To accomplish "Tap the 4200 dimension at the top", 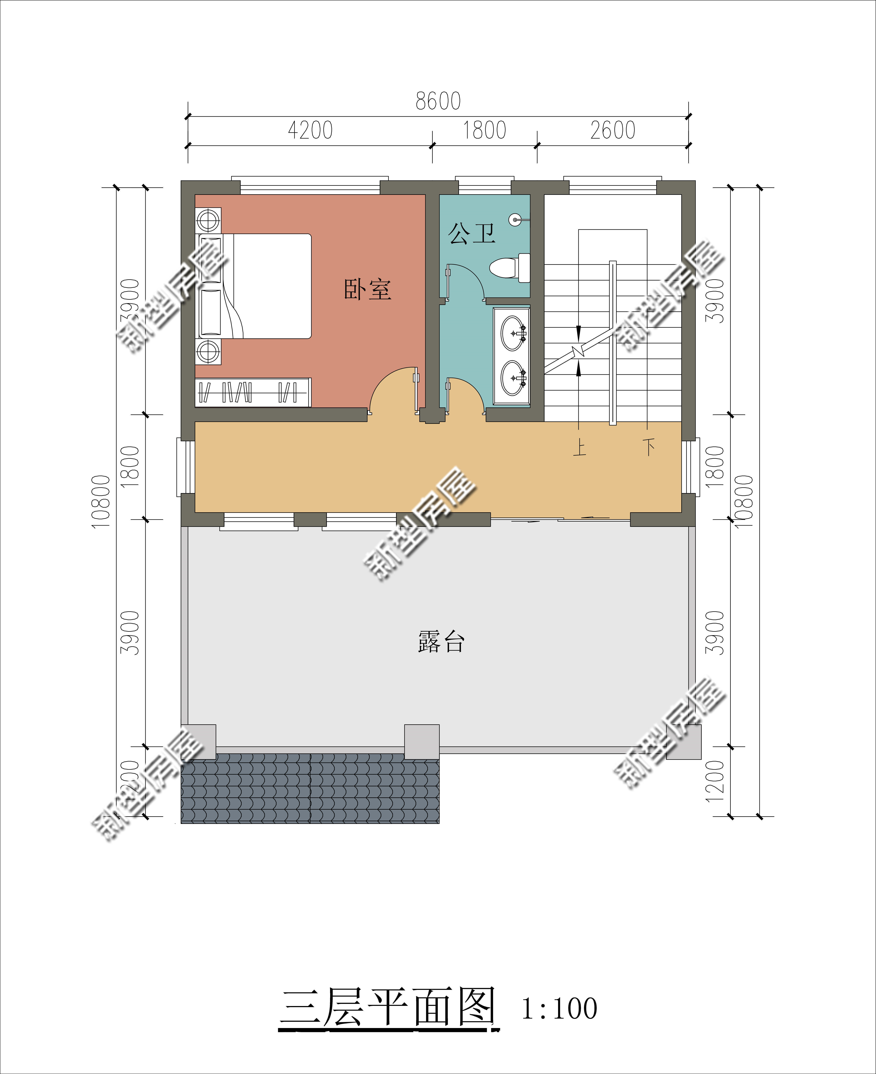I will pos(310,130).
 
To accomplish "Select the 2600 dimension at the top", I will pos(613,130).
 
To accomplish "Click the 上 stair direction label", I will pos(579,447).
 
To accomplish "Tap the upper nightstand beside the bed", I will pos(208,220).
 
